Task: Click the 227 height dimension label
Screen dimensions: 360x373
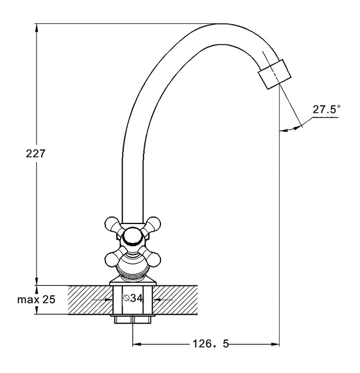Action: click(x=35, y=153)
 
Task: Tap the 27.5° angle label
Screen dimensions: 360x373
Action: click(x=327, y=109)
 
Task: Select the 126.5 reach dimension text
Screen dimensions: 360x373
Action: click(x=210, y=344)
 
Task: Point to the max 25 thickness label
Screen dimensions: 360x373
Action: click(x=36, y=299)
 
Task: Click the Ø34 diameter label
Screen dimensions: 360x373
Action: click(x=133, y=298)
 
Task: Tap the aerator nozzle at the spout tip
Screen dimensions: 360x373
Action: click(x=275, y=74)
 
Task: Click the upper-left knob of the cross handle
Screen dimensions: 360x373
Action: click(x=112, y=224)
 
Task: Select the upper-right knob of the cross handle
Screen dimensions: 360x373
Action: click(x=153, y=224)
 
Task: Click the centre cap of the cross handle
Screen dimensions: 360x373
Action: click(x=133, y=237)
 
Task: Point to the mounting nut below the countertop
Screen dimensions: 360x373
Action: click(x=133, y=319)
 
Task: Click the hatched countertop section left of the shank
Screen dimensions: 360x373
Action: click(x=90, y=300)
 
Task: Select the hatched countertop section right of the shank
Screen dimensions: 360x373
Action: click(x=175, y=300)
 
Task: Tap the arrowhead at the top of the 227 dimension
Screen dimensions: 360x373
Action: click(x=37, y=28)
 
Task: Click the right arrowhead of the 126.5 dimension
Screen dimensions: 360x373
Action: click(x=275, y=344)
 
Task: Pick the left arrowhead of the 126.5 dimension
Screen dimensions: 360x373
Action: click(x=137, y=344)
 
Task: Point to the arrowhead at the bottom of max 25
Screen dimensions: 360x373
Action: click(x=37, y=310)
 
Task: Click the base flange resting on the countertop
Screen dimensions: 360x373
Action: click(x=133, y=283)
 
